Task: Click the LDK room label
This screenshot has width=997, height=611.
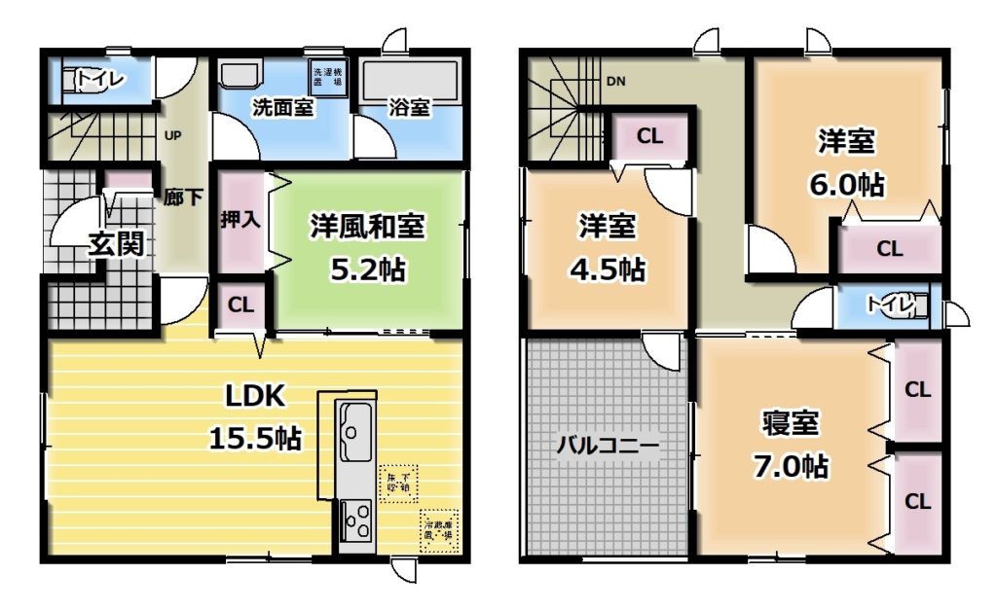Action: coord(254,396)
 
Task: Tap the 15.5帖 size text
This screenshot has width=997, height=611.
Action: coord(254,438)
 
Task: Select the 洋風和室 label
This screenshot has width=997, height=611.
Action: coord(367,226)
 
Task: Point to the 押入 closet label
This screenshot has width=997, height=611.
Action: coord(240,218)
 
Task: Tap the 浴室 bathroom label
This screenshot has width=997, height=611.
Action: coord(410,108)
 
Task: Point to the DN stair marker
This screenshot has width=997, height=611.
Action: coord(615,82)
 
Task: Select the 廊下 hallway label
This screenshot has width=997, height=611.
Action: coord(183,198)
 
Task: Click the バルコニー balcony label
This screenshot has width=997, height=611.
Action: coord(608,447)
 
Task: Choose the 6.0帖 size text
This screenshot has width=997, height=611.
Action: coord(845,184)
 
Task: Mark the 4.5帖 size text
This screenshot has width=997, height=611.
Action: coord(608,269)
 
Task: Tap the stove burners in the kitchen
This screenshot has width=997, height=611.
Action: coord(354,519)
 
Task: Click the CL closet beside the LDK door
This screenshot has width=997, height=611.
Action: coord(240,305)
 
